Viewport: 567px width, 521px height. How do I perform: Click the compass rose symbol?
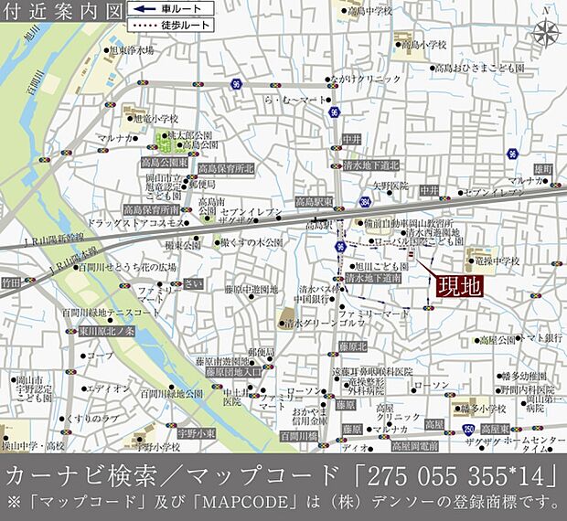548,34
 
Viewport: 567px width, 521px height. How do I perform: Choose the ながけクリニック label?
366,79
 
